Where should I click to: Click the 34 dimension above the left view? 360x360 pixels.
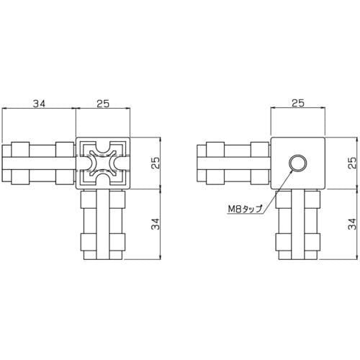pos(40,104)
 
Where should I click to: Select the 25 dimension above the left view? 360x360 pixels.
pos(103,104)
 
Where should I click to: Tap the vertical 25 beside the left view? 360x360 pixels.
pos(156,163)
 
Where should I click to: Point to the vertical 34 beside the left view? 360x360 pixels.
pos(156,224)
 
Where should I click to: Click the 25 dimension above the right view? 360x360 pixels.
pos(298,103)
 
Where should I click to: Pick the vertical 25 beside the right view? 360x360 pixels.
pos(352,163)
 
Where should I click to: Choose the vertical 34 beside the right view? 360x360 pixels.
pos(352,224)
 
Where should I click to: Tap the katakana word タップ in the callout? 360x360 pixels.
pos(252,209)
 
